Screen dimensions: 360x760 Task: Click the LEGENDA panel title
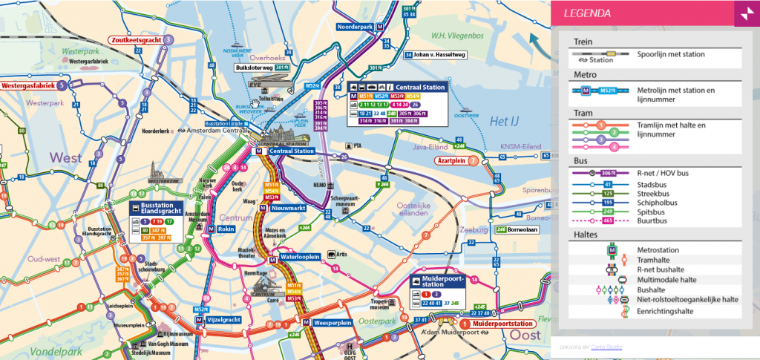pos(587,13)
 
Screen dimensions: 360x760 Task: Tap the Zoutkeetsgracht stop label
pos(135,39)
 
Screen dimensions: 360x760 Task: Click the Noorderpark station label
pos(355,26)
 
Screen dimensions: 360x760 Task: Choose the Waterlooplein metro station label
pos(300,257)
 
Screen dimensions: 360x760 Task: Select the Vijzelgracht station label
pos(223,319)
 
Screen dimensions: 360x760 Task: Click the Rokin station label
pos(226,229)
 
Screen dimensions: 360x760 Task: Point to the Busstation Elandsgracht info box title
pos(159,208)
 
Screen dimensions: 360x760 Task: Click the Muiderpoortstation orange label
pos(502,324)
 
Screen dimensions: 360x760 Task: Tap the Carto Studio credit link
pos(606,347)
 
